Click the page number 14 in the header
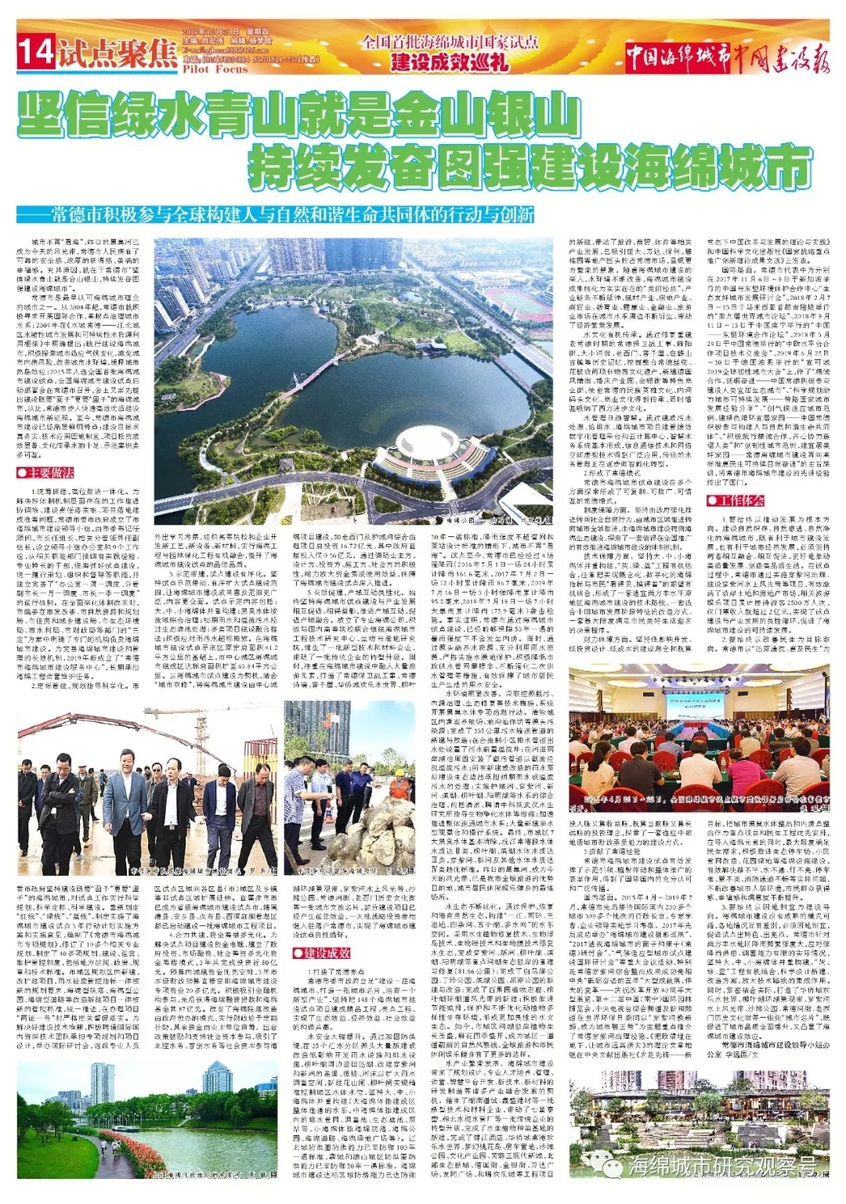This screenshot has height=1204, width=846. click(36, 52)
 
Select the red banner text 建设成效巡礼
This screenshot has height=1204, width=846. click(450, 61)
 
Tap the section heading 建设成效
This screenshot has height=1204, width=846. click(322, 953)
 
